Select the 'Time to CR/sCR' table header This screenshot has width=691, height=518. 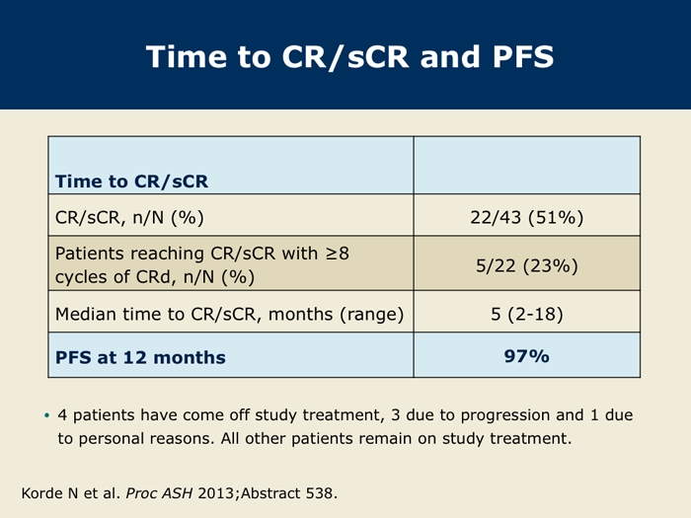coord(131,182)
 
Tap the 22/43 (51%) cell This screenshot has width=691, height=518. coord(526,218)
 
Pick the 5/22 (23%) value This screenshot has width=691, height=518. coord(526,265)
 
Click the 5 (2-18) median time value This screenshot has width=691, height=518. coord(526,314)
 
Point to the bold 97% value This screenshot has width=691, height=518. coord(526,356)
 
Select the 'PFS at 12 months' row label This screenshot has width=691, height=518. coord(140,357)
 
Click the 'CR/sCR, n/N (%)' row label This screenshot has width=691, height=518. coord(129,218)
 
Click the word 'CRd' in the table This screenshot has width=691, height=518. coord(153,277)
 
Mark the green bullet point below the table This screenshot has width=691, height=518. coord(47,415)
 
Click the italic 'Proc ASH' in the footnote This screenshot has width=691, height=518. coord(159,493)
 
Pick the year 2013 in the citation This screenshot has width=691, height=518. coord(215,493)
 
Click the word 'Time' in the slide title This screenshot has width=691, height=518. coord(188,57)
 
